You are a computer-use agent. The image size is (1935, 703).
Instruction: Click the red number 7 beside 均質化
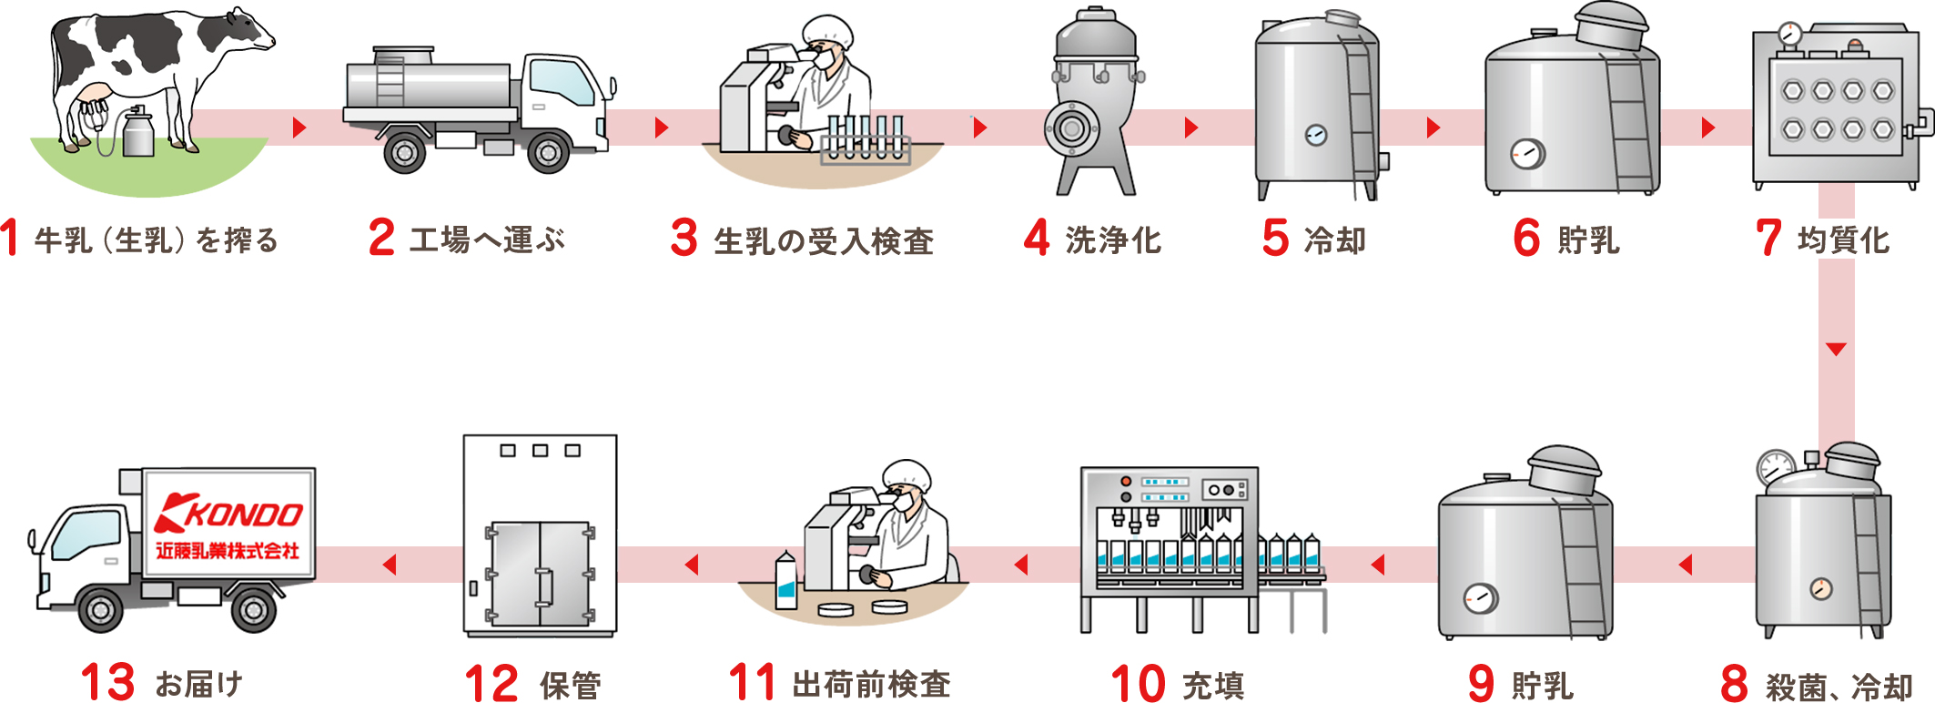1768,239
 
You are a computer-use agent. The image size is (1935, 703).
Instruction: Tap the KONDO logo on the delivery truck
229,514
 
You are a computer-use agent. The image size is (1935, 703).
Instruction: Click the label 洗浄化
1113,240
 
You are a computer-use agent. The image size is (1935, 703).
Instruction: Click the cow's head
249,33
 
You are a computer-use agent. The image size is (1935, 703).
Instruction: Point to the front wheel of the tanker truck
549,153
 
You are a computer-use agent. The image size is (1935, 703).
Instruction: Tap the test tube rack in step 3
864,142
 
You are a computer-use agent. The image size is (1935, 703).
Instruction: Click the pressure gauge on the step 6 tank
1527,154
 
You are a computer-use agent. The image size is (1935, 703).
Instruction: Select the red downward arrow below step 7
1836,350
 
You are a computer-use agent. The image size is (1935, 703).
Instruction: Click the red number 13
107,683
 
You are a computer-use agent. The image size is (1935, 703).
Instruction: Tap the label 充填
1212,685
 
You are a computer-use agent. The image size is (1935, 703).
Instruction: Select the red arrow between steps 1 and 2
299,127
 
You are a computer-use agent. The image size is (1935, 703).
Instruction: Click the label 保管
571,685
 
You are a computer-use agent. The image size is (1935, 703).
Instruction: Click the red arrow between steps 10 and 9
1378,565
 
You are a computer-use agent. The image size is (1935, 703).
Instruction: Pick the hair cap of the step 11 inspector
907,473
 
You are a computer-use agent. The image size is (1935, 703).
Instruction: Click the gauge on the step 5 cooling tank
1316,136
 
